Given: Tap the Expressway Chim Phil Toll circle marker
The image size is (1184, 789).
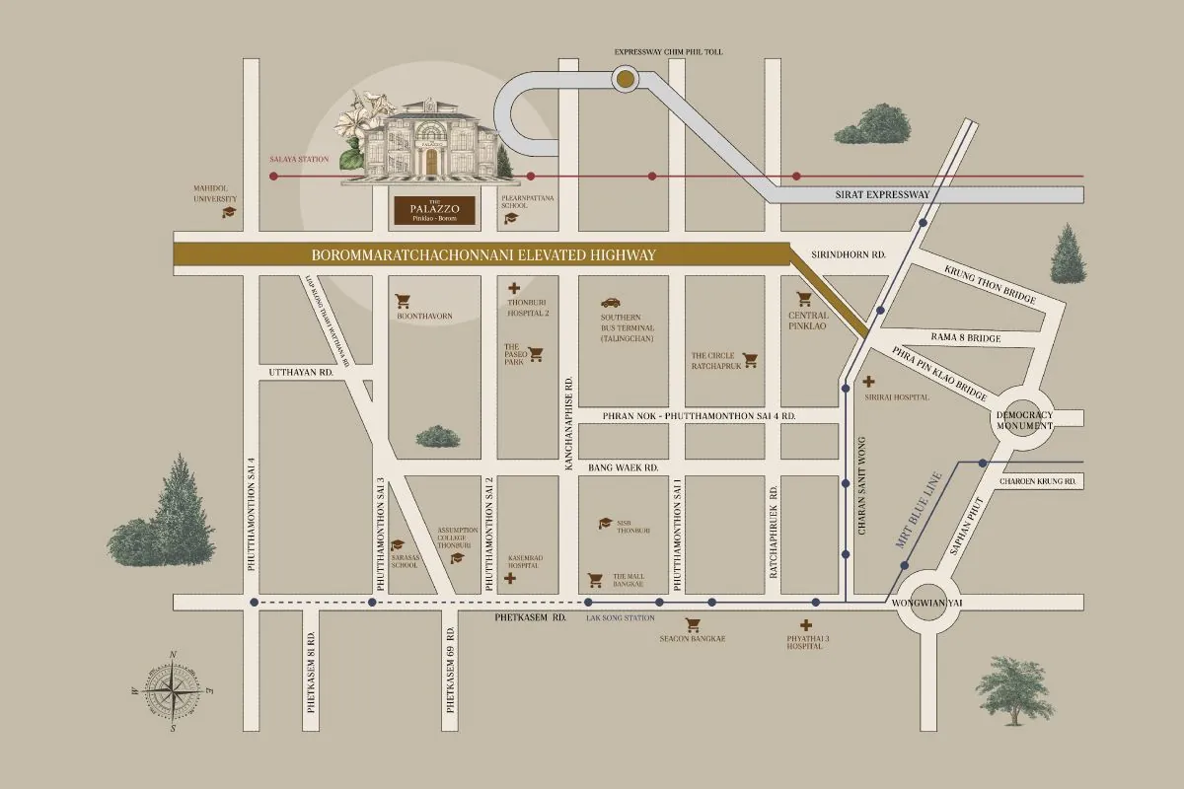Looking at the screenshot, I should tap(626, 78).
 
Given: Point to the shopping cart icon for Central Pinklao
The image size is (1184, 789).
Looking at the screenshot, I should tap(803, 298).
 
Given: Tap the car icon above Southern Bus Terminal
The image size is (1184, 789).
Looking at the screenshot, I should tap(611, 303).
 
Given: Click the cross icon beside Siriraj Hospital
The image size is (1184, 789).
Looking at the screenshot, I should tap(868, 381).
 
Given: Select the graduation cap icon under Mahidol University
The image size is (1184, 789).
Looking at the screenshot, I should tap(229, 211).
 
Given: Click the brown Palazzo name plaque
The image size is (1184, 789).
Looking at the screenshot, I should tap(433, 209).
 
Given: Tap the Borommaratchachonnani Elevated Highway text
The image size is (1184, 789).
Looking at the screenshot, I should tap(483, 255).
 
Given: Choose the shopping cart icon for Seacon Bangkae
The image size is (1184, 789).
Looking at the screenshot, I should tap(693, 624).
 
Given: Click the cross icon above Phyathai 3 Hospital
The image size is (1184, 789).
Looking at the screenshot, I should tap(806, 624).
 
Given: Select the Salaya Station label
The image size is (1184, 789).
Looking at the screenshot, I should tap(299, 159).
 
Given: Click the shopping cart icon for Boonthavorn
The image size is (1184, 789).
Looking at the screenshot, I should tap(403, 301).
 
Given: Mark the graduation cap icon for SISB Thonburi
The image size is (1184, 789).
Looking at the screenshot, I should tap(604, 524).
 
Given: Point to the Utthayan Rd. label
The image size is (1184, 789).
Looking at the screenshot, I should tap(301, 373).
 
